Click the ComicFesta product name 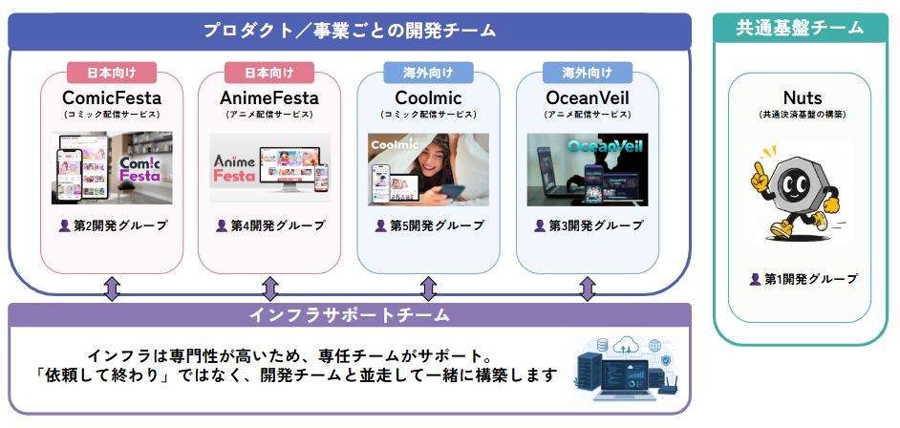(112, 97)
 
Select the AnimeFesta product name (269, 97)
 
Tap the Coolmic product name (428, 97)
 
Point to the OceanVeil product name (588, 97)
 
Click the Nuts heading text (799, 96)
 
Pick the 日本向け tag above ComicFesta (112, 73)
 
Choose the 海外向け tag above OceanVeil (588, 73)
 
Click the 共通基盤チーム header (800, 28)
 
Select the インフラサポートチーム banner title (350, 315)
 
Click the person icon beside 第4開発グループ (222, 225)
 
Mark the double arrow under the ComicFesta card (112, 289)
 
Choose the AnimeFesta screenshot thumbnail (269, 168)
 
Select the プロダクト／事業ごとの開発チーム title (350, 31)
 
